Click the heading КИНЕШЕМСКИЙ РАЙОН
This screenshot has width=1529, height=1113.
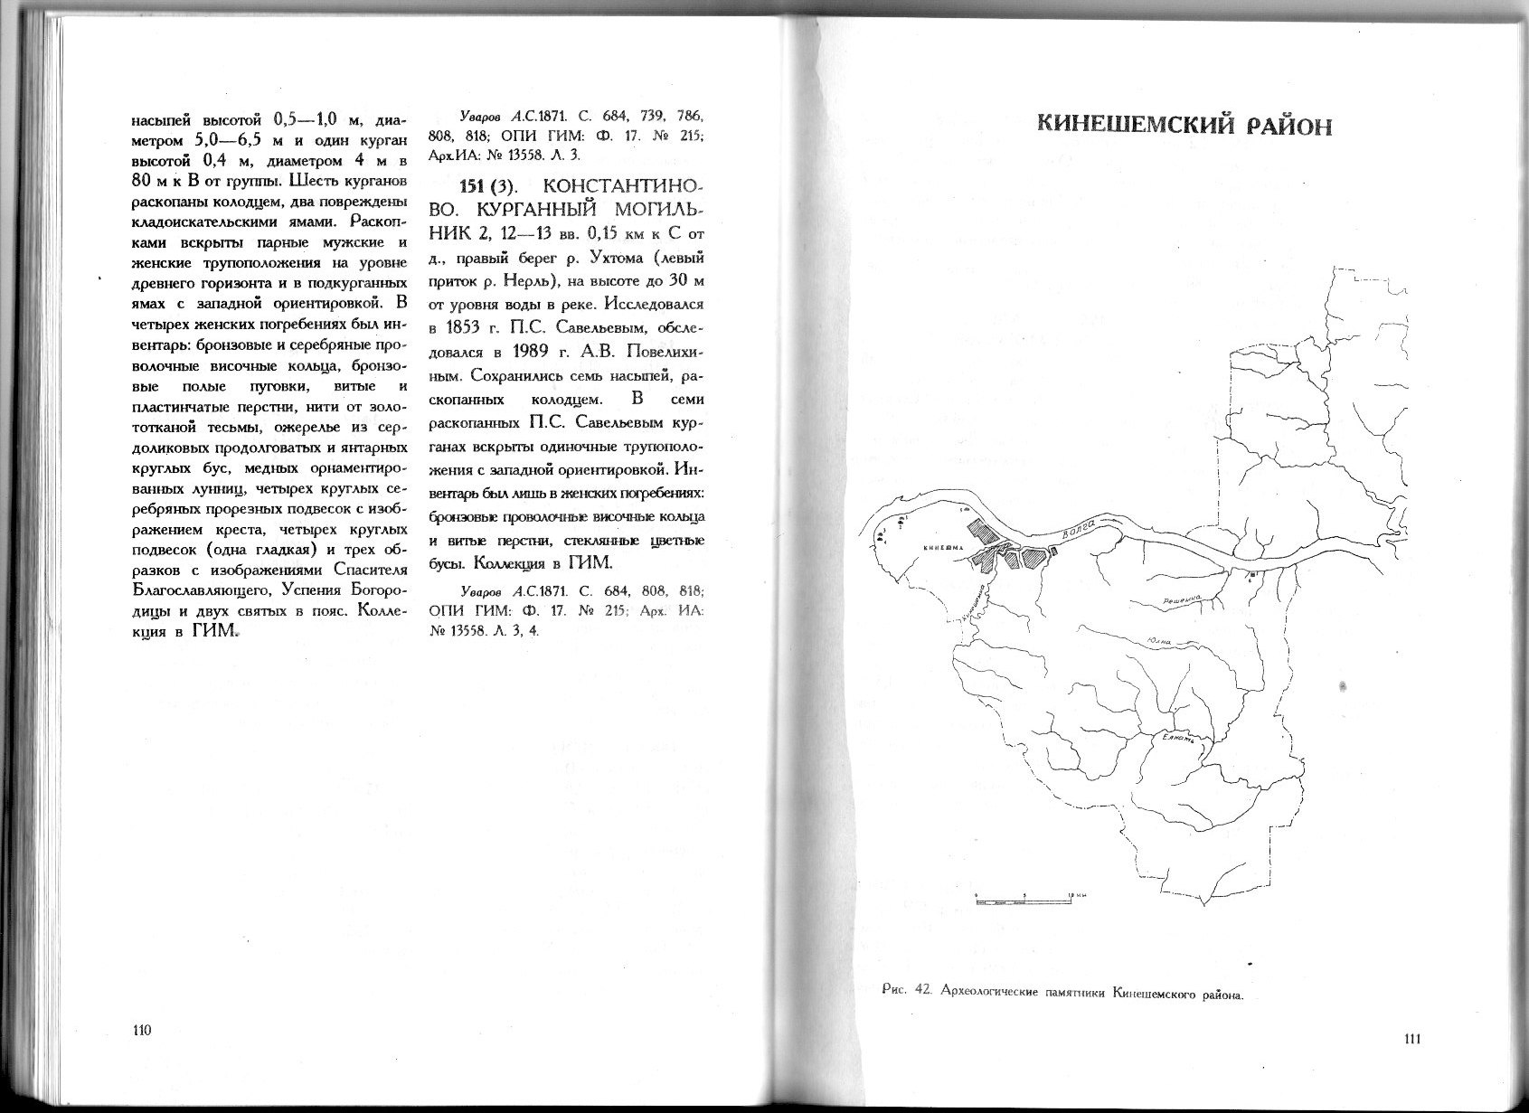1184,125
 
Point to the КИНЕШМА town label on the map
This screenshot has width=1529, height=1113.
942,548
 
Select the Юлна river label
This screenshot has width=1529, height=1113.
1158,642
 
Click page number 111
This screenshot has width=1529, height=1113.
1413,1038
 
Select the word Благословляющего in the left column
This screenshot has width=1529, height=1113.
191,591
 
